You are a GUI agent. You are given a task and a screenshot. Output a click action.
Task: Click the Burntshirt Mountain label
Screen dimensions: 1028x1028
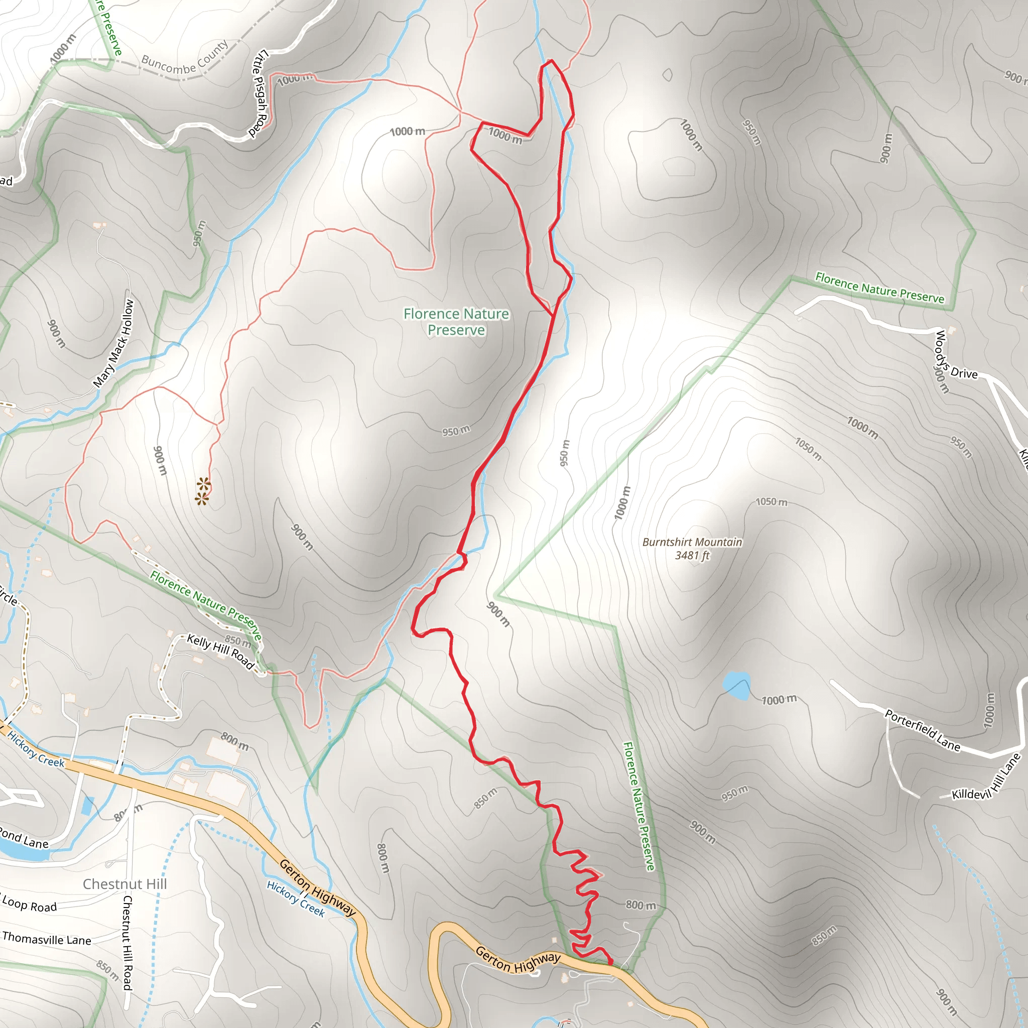692,542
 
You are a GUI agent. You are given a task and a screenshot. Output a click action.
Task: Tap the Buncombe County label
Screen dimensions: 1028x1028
184,59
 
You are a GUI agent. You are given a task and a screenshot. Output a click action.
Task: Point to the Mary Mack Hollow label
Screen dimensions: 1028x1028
113,343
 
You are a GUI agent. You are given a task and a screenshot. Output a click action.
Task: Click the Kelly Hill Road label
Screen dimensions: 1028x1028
220,651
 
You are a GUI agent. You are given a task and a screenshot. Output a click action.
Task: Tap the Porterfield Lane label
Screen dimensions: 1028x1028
922,730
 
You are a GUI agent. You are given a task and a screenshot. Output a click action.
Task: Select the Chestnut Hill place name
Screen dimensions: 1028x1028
124,884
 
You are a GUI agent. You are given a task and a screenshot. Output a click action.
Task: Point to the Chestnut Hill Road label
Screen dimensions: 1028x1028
127,942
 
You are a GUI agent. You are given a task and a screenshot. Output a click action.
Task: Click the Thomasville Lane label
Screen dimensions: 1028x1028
47,939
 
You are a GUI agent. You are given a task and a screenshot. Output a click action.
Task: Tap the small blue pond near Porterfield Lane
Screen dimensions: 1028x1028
736,685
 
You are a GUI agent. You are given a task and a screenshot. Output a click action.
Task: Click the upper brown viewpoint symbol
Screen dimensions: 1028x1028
203,484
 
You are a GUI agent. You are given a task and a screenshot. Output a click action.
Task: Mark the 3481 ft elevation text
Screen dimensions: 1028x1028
692,556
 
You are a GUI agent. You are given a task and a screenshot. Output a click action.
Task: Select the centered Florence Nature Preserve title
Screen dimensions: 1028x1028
456,322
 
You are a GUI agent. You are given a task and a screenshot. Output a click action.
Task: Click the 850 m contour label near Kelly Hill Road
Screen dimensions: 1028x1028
237,640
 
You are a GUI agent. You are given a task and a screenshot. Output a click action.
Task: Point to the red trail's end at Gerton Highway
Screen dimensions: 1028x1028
610,961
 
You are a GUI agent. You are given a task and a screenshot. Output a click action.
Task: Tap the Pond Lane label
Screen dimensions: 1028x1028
24,839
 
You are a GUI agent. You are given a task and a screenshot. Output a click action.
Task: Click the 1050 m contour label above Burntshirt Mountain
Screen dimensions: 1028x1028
772,502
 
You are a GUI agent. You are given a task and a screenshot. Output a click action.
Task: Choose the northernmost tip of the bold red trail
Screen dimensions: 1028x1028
551,60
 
